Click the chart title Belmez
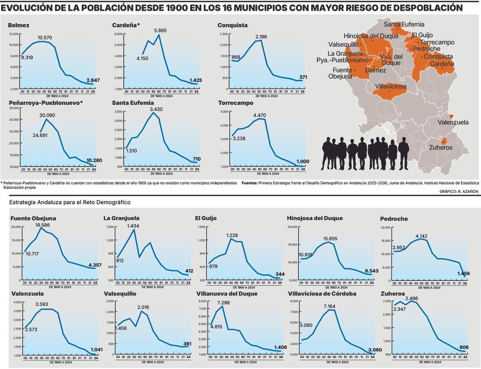coord(18,25)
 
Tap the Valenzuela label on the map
coord(453,123)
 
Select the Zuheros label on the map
coord(441,147)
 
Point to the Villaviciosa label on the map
coord(391,87)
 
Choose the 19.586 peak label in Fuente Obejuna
coord(42,225)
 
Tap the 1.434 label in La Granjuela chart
coord(133,226)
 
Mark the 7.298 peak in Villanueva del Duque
coord(223,302)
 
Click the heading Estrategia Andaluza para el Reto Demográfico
coord(70,203)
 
